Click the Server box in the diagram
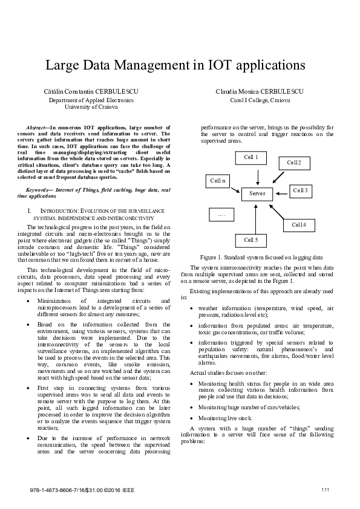[x=257, y=193]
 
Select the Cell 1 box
[x=250, y=158]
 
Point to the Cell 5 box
[x=250, y=240]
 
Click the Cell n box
[x=217, y=181]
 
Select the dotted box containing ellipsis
[x=221, y=215]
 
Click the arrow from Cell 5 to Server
[x=256, y=217]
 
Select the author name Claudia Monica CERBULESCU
[x=261, y=91]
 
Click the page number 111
[x=325, y=488]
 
